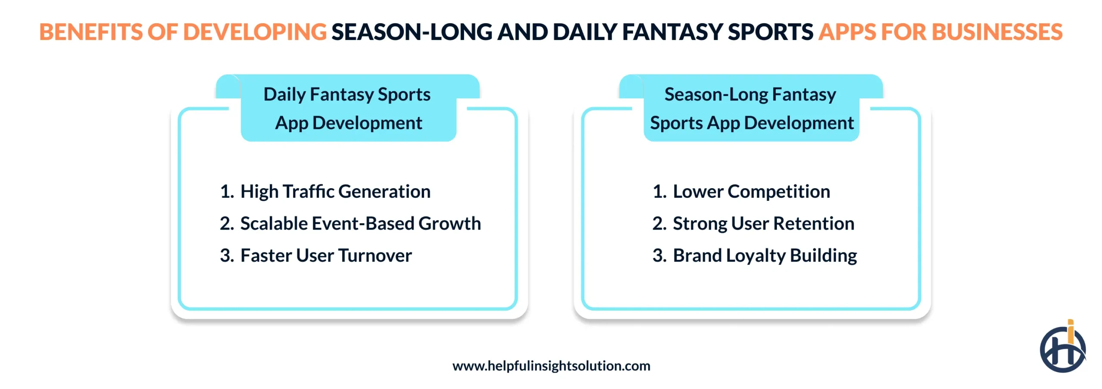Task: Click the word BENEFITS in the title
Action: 90,32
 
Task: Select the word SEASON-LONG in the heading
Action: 412,32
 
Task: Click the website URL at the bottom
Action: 551,366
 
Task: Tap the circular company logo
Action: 1062,350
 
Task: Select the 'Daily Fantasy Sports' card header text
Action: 347,95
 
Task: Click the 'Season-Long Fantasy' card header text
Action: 750,95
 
